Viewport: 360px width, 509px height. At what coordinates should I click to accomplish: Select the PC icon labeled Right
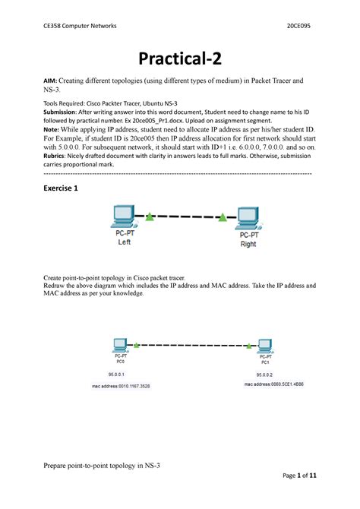point(246,218)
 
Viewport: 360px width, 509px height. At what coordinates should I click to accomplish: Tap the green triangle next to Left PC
point(150,217)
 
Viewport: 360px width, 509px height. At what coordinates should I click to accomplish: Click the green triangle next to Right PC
point(223,218)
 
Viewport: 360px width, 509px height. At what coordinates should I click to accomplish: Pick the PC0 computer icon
point(118,345)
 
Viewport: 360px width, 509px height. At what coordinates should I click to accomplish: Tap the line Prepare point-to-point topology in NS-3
point(113,464)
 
